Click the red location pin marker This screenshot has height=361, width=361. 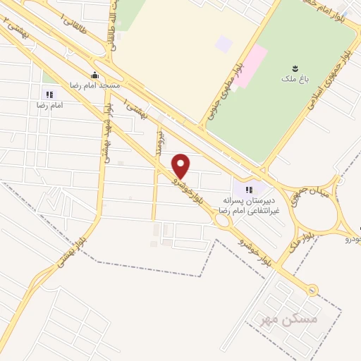click(x=181, y=166)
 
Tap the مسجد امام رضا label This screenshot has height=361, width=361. click(x=94, y=85)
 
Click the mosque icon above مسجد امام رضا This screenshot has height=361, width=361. click(x=94, y=75)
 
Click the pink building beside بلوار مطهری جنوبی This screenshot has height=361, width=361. click(x=250, y=67)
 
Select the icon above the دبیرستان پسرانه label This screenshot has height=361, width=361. click(x=248, y=189)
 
